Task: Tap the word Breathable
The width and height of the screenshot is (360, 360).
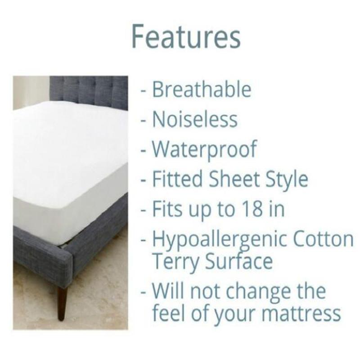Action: (x=201, y=90)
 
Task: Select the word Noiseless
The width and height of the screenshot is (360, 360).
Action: (x=194, y=119)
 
